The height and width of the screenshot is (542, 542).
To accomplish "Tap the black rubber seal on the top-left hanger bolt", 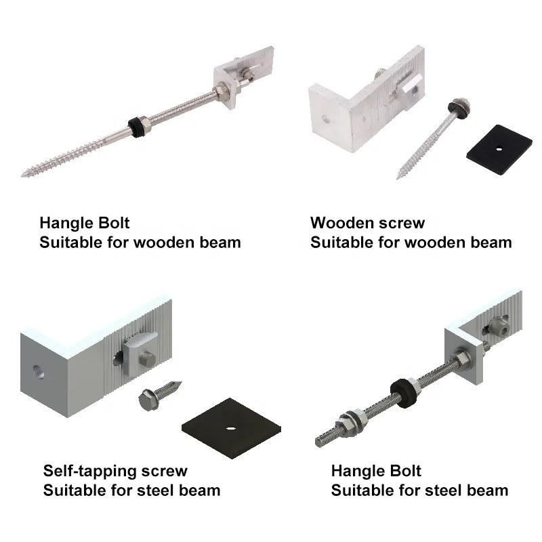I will pos(138,127).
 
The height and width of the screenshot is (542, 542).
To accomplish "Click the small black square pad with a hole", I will pos(499,146).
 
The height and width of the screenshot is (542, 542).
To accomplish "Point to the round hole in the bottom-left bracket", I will pos(36,371).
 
